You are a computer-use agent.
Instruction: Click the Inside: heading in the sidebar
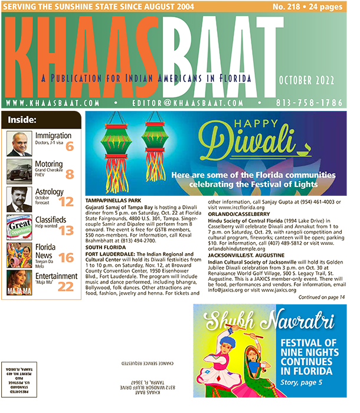click(23, 120)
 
